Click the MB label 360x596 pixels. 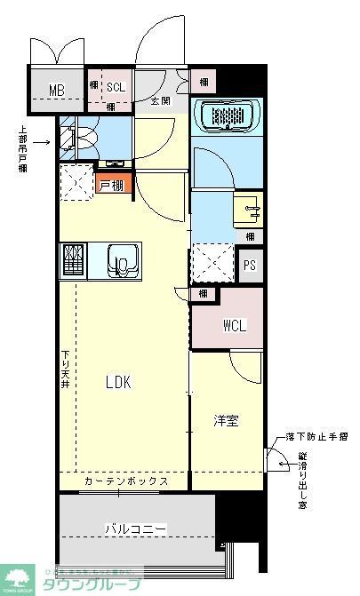57,91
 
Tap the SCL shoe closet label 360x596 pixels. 116,86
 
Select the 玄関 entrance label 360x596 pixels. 160,100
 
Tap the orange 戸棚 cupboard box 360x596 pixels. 113,186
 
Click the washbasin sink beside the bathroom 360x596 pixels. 251,211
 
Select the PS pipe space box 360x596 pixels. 252,264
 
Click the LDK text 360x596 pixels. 118,382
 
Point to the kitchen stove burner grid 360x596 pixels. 74,261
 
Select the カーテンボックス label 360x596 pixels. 125,481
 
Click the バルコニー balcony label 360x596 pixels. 137,528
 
